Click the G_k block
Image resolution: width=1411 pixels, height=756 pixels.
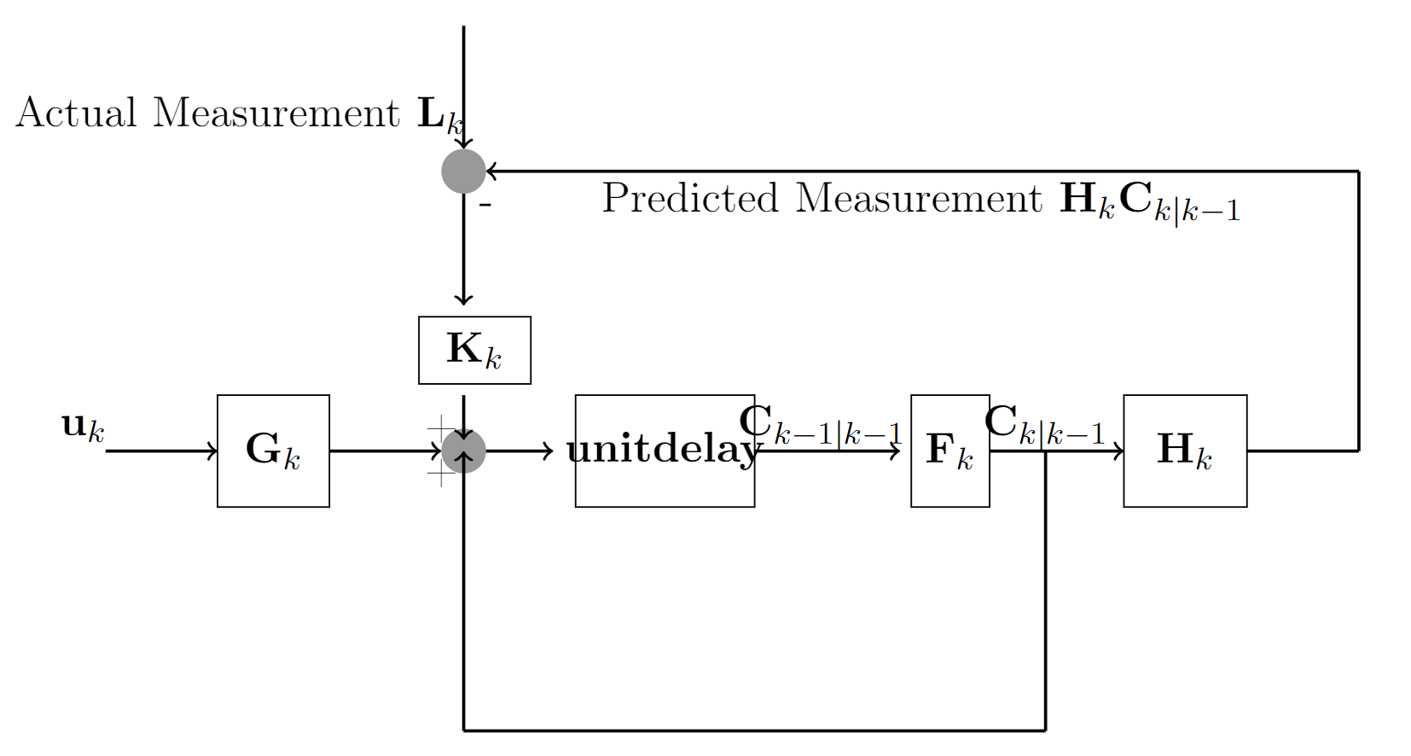[x=273, y=451]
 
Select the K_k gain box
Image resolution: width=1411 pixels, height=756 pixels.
[x=474, y=350]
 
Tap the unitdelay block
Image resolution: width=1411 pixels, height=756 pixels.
[x=665, y=451]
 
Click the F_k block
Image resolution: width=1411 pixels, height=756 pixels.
[x=949, y=451]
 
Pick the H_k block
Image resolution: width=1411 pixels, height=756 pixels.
[x=1184, y=451]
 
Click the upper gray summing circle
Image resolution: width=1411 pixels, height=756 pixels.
[x=463, y=172]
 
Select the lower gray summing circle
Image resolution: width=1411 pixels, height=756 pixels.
[x=463, y=451]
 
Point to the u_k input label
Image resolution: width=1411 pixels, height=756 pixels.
[x=83, y=426]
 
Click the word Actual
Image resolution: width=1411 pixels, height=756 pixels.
[x=76, y=113]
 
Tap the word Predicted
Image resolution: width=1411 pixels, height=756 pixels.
[x=689, y=199]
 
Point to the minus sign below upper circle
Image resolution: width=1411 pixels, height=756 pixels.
[x=485, y=205]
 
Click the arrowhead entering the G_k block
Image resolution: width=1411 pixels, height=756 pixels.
[x=212, y=451]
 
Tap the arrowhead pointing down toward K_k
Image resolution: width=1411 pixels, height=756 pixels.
[x=463, y=299]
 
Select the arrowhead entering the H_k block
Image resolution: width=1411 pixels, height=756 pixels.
[x=1118, y=451]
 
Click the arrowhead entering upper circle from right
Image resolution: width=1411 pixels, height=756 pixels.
[x=491, y=172]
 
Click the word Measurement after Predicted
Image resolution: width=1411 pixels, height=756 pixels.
[x=918, y=199]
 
